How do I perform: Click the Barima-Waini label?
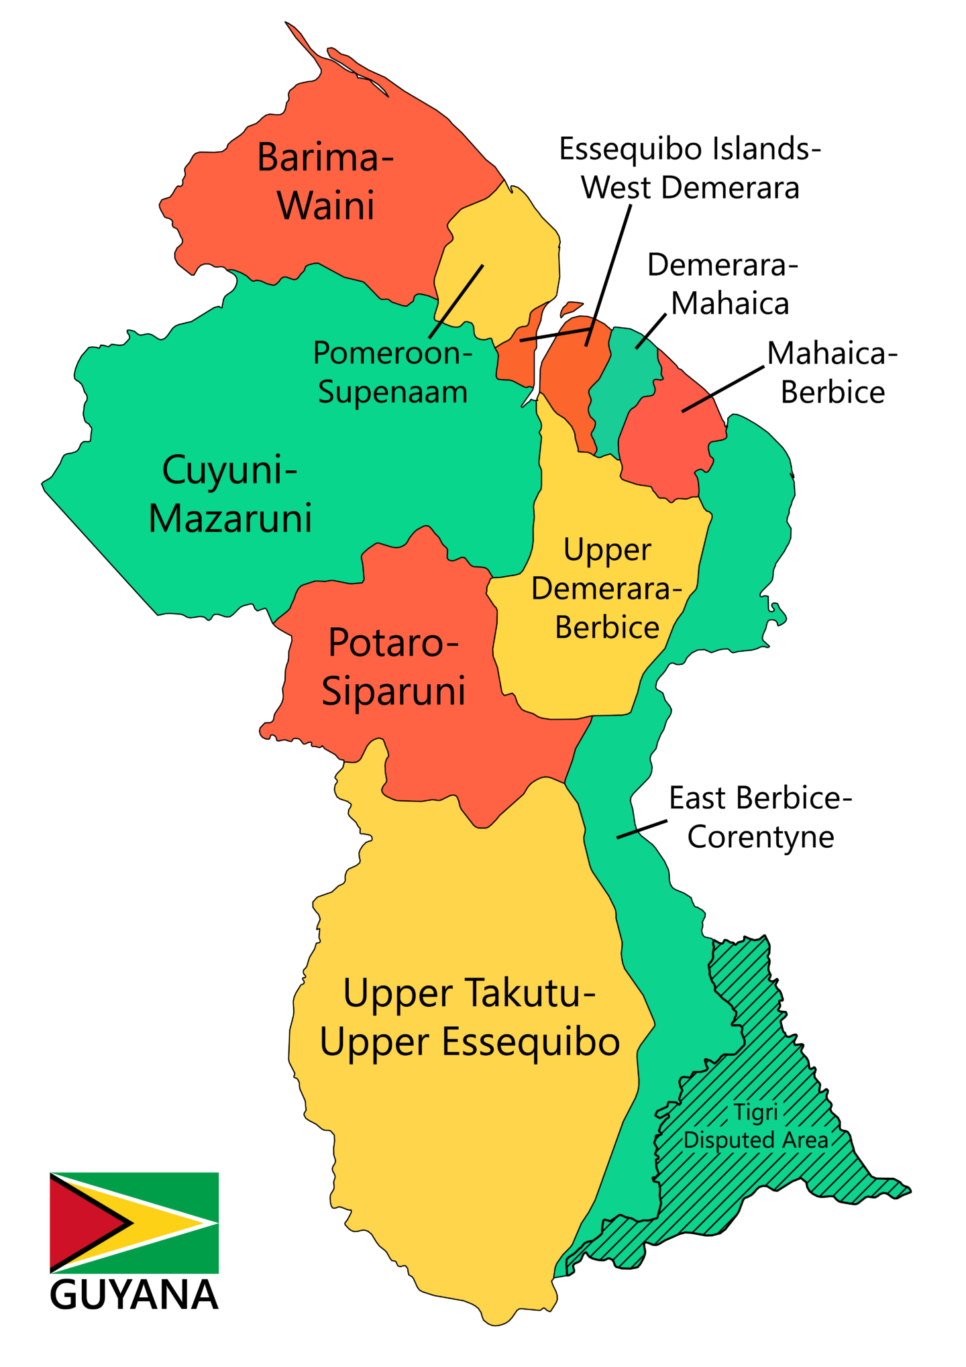click(x=325, y=181)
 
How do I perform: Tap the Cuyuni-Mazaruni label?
click(x=230, y=494)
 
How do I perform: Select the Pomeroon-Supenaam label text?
click(x=392, y=372)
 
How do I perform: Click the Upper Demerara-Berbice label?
click(x=606, y=589)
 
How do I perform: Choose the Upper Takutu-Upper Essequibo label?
click(x=470, y=1018)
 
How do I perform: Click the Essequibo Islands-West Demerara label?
click(x=690, y=168)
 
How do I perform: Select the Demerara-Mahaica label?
click(x=723, y=284)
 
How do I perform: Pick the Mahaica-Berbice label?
click(x=832, y=373)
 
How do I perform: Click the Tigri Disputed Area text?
click(x=756, y=1126)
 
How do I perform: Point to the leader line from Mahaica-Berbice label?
click(x=723, y=389)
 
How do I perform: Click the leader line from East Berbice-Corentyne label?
click(x=642, y=829)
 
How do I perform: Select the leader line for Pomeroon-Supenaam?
click(x=456, y=301)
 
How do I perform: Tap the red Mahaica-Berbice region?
click(x=664, y=443)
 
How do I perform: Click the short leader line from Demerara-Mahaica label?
click(x=651, y=331)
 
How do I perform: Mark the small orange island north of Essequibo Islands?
click(x=571, y=308)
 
